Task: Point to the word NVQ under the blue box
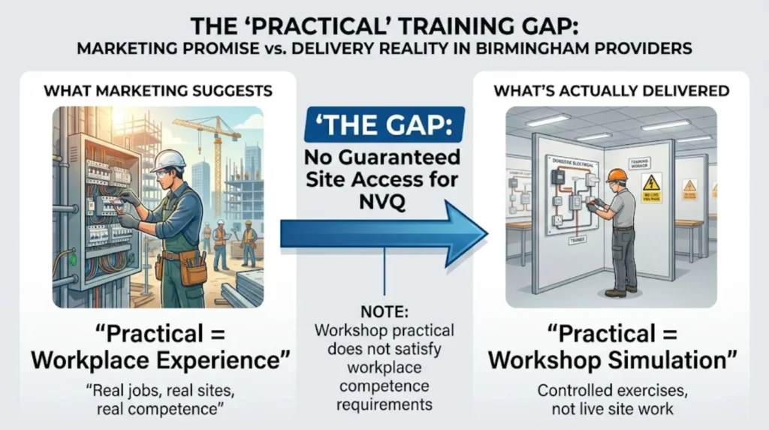384,202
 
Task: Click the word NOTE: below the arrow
384,311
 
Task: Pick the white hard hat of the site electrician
167,160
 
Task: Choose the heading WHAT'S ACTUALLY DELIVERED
611,92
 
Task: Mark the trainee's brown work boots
620,290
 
